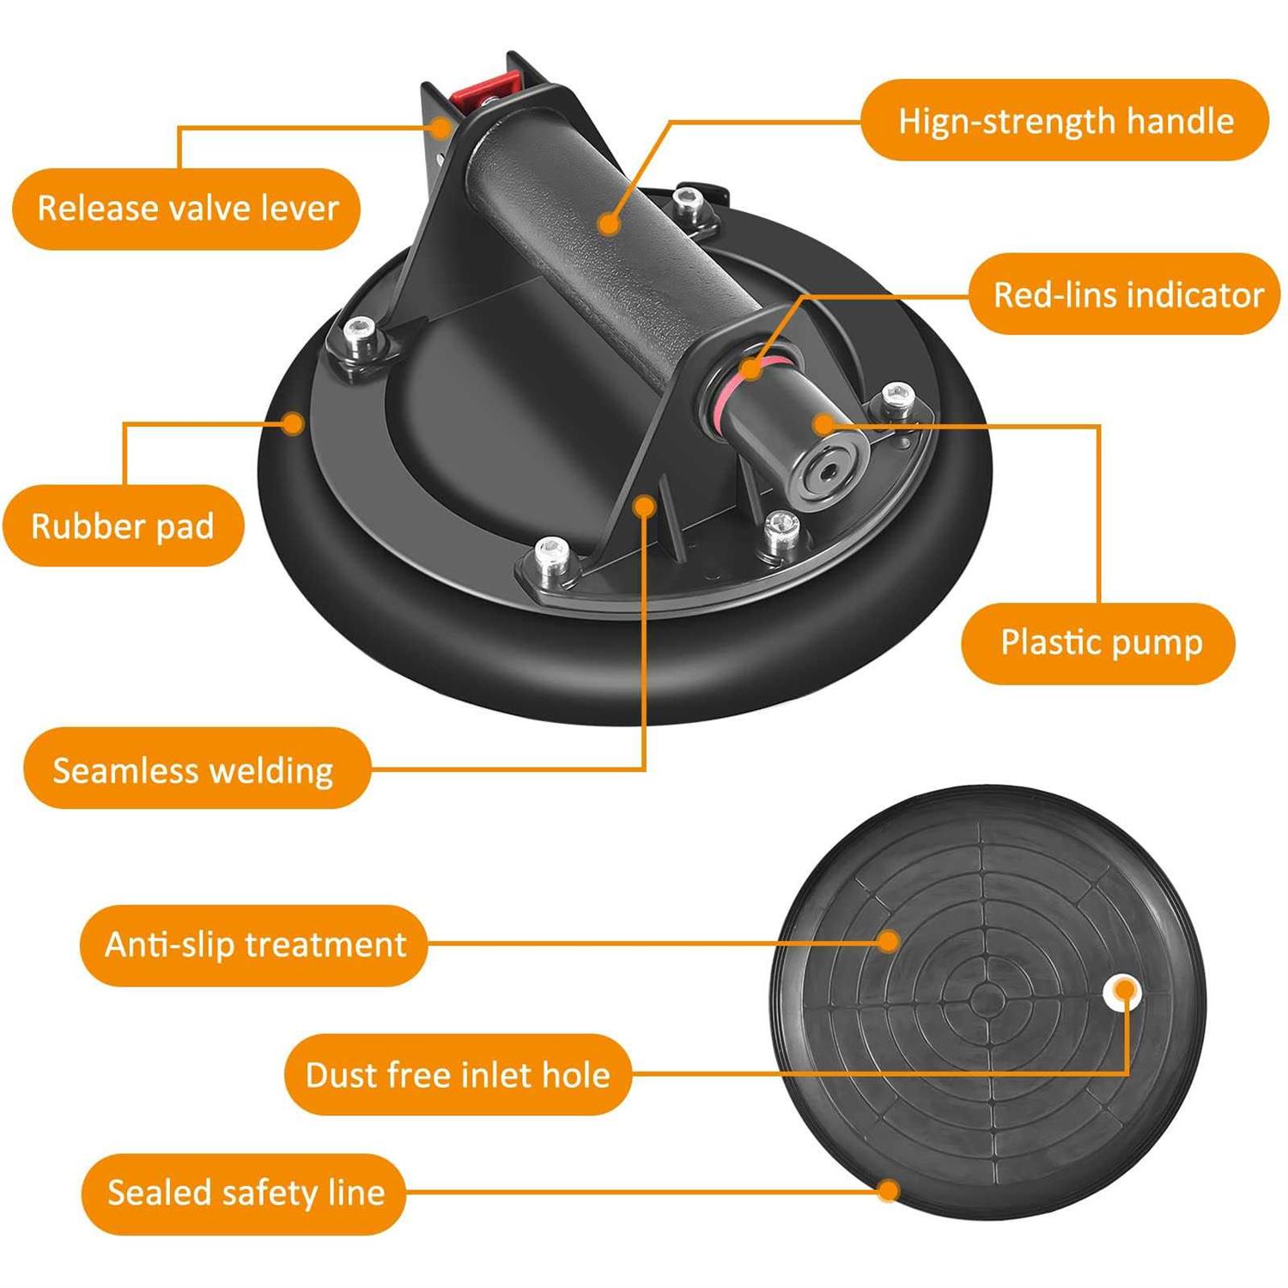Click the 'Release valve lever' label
(186, 209)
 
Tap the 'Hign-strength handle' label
(1065, 120)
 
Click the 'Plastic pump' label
(1099, 643)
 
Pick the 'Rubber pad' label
(124, 526)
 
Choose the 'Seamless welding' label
(195, 769)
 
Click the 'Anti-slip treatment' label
(254, 945)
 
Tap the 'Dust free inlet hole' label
(458, 1074)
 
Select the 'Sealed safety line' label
(244, 1193)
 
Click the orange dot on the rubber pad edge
(294, 422)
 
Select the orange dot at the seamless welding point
(644, 507)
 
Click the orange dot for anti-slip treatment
(890, 942)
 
